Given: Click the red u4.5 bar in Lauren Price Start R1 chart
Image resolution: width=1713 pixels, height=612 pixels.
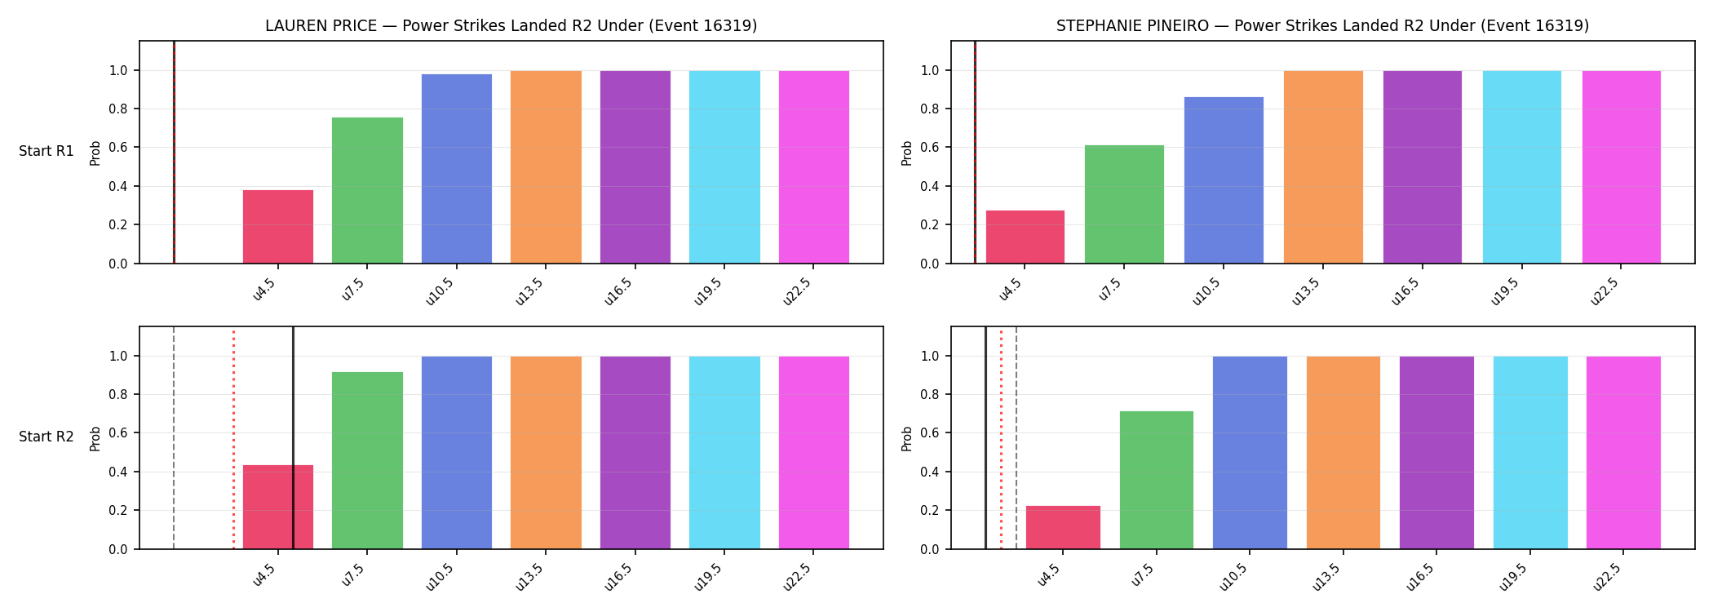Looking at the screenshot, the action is (278, 227).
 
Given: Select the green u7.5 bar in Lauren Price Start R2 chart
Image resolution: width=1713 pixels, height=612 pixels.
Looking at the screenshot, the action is (367, 460).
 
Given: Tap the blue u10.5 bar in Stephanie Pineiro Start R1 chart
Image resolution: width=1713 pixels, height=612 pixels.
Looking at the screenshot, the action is (1224, 180).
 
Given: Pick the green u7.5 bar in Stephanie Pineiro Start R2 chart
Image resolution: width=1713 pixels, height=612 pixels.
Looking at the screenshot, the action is (1156, 480).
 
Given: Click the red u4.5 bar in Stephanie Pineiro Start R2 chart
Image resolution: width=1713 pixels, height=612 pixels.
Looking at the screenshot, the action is (1063, 527).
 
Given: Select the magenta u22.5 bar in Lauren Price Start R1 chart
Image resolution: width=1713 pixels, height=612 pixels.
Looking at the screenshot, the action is (814, 167).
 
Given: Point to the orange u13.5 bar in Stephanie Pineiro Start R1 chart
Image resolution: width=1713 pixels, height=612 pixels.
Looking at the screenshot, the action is (1323, 167).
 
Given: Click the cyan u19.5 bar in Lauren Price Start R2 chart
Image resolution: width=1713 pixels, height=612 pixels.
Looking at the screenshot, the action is (724, 453).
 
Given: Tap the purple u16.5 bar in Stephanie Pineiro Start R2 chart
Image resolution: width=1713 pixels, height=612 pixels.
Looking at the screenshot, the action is (1436, 453).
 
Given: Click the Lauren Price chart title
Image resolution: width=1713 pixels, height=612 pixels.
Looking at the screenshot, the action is (511, 26).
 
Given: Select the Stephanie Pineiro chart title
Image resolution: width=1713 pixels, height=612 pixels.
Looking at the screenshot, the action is (1323, 26).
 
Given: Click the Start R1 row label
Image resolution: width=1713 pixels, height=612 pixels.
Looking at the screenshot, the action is (46, 151).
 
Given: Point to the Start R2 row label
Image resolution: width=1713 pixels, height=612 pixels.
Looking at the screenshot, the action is (46, 437).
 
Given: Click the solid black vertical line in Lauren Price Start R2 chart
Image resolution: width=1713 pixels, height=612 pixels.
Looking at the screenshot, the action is (293, 437).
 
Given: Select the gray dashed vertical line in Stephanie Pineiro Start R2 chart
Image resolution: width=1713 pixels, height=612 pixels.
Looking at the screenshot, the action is (1016, 437).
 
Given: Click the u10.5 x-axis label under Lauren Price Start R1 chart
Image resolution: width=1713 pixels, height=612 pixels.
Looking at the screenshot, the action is (440, 291).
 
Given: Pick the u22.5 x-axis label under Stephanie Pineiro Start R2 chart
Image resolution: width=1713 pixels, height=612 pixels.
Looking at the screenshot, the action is (1607, 577).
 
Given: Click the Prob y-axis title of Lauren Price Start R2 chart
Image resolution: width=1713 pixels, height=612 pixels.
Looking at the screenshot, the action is (95, 439).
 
